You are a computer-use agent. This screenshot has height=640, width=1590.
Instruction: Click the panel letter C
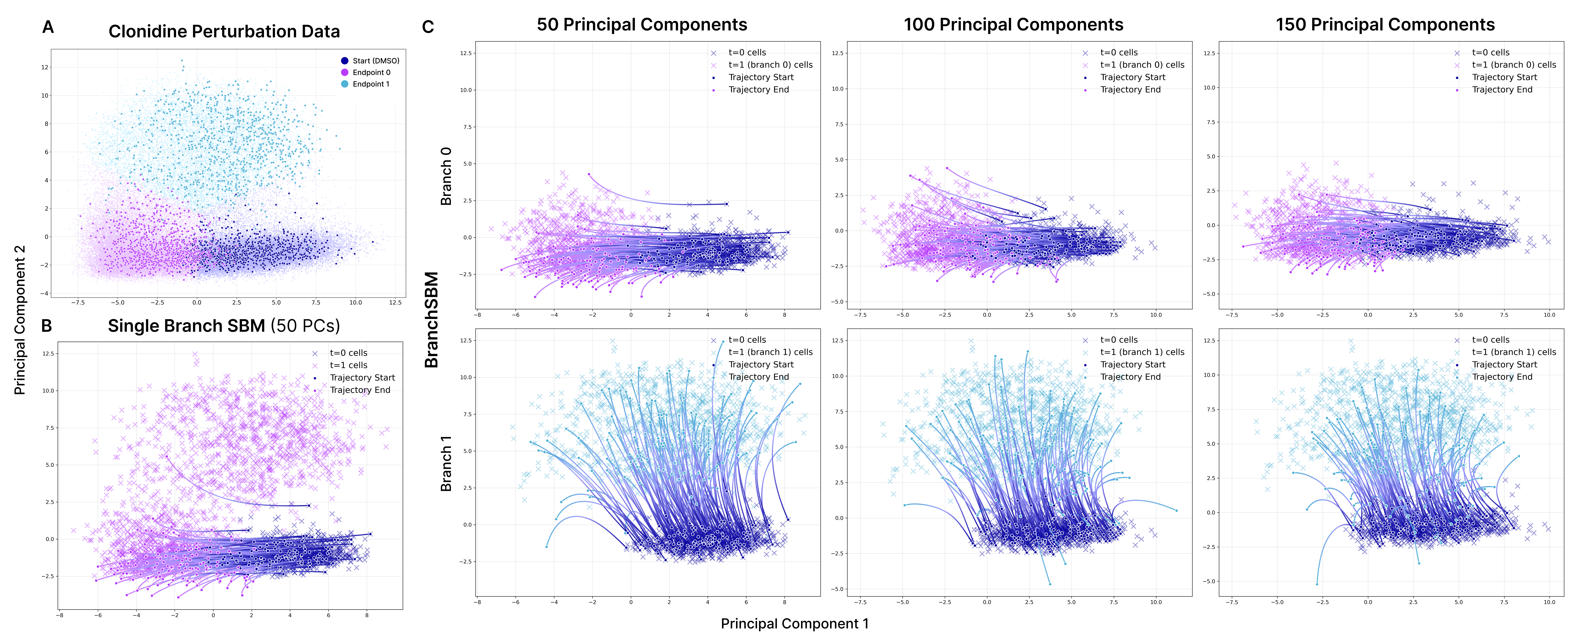pos(428,27)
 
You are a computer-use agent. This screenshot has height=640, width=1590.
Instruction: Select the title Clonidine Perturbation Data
pos(224,31)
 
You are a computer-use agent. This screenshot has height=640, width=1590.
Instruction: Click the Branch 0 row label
pos(446,176)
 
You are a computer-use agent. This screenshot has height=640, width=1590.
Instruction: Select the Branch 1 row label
pos(446,463)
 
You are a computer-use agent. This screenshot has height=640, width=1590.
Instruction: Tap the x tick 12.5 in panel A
pos(395,303)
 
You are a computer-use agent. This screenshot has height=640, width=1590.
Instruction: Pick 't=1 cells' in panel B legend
pos(348,365)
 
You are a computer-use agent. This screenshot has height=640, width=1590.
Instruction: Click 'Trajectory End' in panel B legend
pos(360,390)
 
